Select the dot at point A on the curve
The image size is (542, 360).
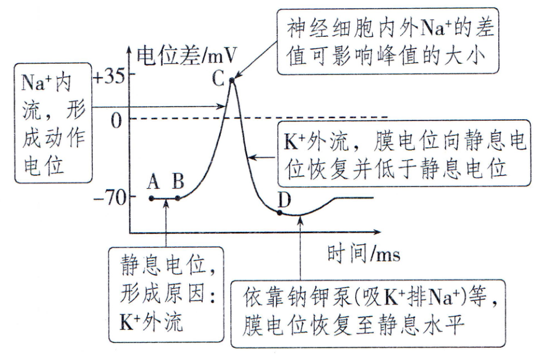click(x=152, y=199)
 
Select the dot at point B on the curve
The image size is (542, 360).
click(x=178, y=199)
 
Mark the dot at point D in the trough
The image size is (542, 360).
click(x=279, y=212)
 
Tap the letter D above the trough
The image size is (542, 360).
click(x=284, y=199)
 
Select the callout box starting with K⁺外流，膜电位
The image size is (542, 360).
click(x=401, y=154)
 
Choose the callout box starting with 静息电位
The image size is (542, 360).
click(x=165, y=293)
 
